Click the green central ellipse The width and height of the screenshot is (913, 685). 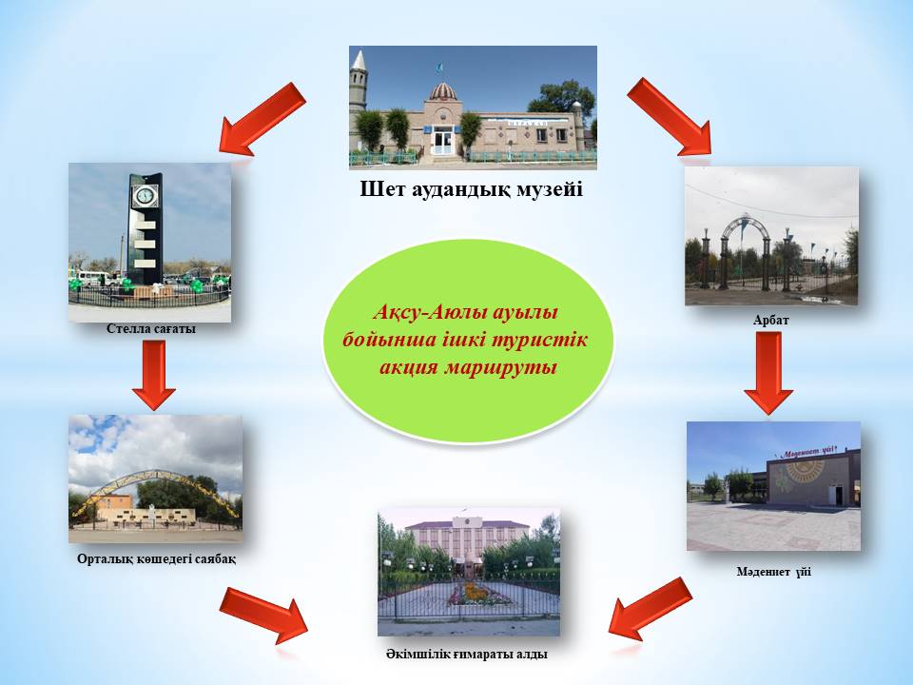pyautogui.click(x=469, y=340)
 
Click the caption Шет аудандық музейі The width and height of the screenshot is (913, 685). pyautogui.click(x=471, y=189)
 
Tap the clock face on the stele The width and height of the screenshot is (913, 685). pyautogui.click(x=144, y=195)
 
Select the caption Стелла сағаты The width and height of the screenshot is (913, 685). pyautogui.click(x=151, y=328)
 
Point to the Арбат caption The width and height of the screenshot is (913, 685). pyautogui.click(x=771, y=321)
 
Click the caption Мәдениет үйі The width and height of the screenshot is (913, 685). pyautogui.click(x=774, y=572)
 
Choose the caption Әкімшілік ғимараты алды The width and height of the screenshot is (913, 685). pyautogui.click(x=466, y=655)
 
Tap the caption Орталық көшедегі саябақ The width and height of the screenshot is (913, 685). pyautogui.click(x=157, y=559)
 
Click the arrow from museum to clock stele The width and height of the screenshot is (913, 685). pyautogui.click(x=262, y=120)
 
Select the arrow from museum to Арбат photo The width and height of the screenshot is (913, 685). pyautogui.click(x=670, y=116)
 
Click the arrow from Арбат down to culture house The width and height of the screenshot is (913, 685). pyautogui.click(x=768, y=373)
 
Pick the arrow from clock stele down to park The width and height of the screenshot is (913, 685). pyautogui.click(x=154, y=375)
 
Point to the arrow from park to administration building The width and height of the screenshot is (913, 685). pyautogui.click(x=263, y=616)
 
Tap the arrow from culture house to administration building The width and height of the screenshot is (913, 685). pyautogui.click(x=651, y=609)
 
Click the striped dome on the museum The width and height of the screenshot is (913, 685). pyautogui.click(x=442, y=91)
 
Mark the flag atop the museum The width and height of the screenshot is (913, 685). pyautogui.click(x=438, y=68)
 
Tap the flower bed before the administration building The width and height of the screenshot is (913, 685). pyautogui.click(x=471, y=596)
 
